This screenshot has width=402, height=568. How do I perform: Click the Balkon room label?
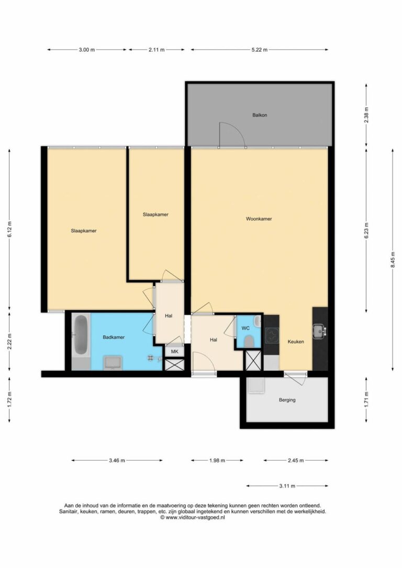click(260, 115)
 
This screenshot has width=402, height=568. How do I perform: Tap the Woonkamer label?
click(259, 219)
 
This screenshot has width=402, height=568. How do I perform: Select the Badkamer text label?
click(114, 337)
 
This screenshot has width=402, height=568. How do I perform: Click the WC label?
click(245, 328)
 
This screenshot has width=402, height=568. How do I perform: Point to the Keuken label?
click(296, 342)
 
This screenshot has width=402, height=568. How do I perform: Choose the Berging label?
click(287, 400)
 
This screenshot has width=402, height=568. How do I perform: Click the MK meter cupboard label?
click(175, 351)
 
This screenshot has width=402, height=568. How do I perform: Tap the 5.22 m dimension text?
click(260, 50)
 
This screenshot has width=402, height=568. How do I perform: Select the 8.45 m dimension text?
click(393, 260)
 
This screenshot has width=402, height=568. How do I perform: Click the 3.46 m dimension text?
click(117, 461)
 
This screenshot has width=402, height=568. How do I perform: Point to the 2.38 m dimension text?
click(366, 115)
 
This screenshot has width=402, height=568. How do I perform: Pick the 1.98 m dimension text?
click(217, 461)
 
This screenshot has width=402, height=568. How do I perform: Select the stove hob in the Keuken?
click(272, 336)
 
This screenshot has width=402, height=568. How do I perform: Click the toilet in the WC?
click(249, 341)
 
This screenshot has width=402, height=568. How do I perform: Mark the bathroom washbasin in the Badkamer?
click(113, 362)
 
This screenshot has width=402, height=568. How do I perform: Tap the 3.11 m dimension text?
click(287, 486)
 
